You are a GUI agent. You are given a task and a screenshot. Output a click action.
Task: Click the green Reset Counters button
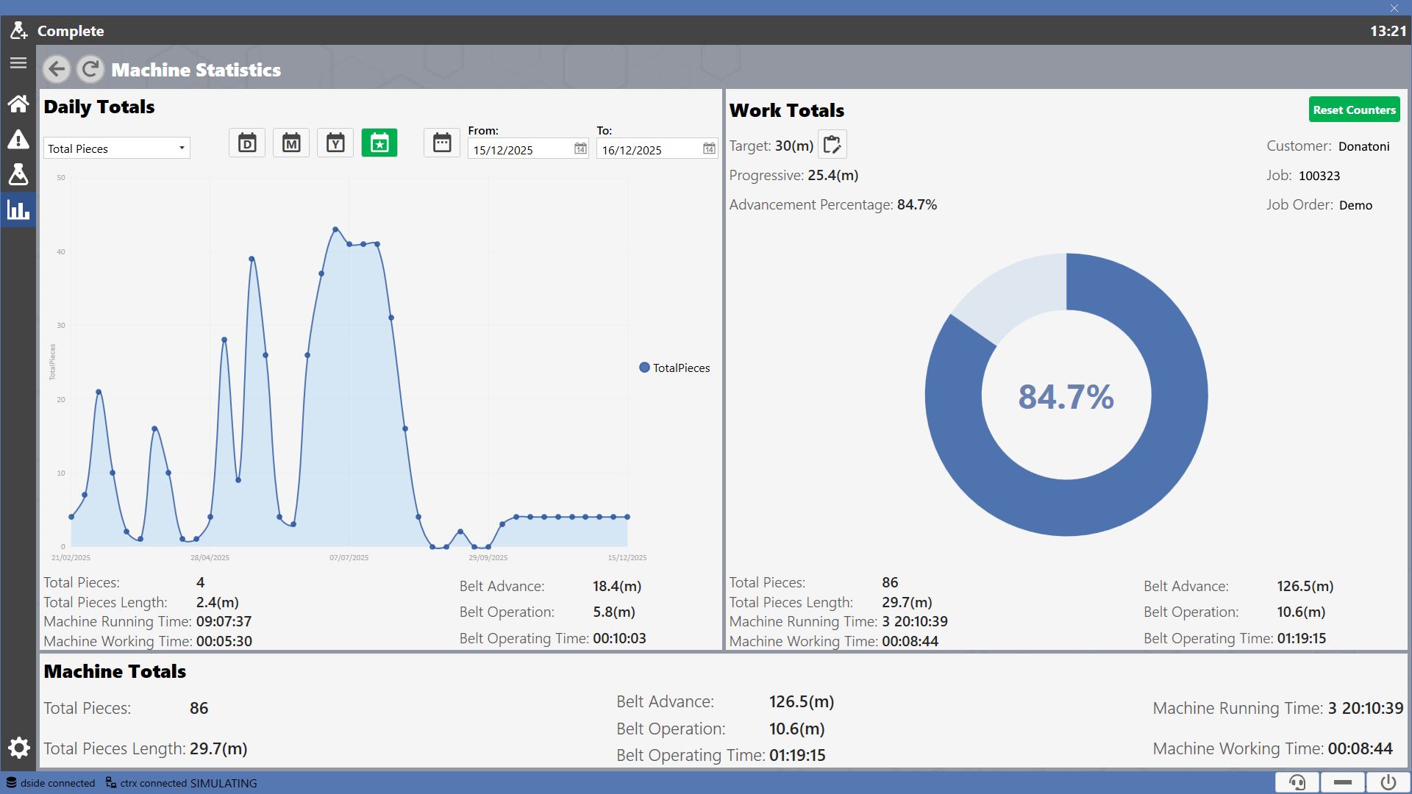coord(1354,110)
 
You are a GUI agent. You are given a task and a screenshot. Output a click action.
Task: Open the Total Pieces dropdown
coord(117,149)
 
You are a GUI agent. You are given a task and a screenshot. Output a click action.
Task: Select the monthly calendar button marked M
coord(291,143)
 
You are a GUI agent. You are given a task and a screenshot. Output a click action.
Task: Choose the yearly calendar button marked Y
coord(335,143)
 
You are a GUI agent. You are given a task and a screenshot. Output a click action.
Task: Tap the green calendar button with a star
coord(379,143)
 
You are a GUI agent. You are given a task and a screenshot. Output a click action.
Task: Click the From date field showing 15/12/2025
coord(528,149)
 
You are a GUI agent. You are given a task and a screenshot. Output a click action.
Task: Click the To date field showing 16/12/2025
coord(657,149)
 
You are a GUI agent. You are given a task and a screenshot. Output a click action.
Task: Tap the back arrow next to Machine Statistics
coord(57,69)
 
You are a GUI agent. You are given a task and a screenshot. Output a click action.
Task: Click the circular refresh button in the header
coord(90,69)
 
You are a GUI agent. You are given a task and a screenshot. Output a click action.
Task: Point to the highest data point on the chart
coord(335,229)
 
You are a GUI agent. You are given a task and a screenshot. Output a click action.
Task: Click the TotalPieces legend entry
coord(674,368)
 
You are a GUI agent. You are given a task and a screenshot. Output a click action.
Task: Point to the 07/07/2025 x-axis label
coord(349,558)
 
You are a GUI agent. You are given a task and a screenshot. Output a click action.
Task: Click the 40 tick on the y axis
coord(61,251)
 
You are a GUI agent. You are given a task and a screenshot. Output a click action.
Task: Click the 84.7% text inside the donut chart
coord(1066,397)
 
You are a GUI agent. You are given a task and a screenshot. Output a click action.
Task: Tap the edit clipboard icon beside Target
coord(832,145)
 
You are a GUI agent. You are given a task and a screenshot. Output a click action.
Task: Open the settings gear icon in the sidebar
coord(18,748)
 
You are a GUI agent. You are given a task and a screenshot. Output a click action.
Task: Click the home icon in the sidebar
coord(18,104)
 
